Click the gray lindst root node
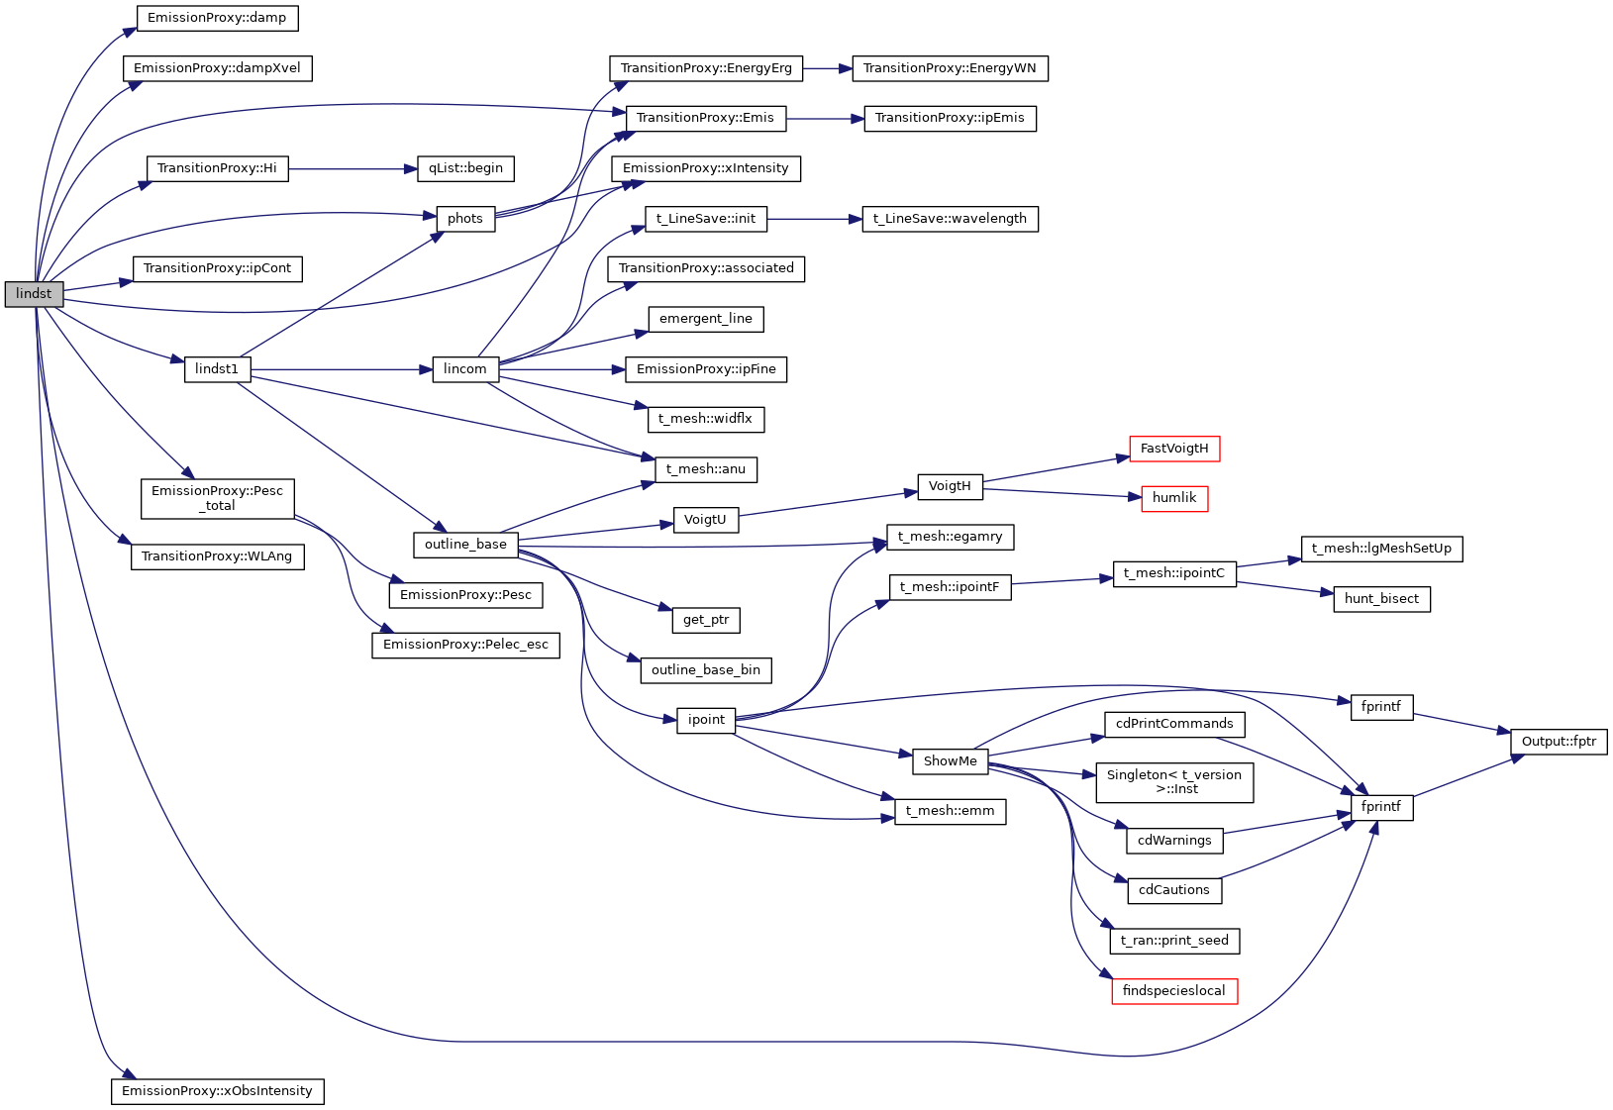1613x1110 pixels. pos(34,294)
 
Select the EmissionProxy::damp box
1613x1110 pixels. pos(217,18)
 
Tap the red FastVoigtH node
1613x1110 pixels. pos(1174,449)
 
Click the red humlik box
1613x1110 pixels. pos(1174,498)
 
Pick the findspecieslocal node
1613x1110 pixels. pos(1174,991)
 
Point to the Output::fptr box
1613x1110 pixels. pos(1559,742)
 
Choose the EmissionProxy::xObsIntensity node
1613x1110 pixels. pos(217,1091)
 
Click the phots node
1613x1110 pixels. pos(465,219)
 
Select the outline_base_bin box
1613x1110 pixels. pos(706,670)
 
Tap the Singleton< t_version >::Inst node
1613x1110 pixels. pos(1174,782)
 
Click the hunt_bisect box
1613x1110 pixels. pos(1381,599)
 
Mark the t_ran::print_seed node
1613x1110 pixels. pos(1174,941)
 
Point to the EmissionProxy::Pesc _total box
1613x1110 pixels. pos(217,498)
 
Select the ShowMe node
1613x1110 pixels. pos(951,761)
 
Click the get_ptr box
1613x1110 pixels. pos(706,620)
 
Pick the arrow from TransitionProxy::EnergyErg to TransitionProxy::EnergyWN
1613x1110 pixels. pos(828,68)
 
